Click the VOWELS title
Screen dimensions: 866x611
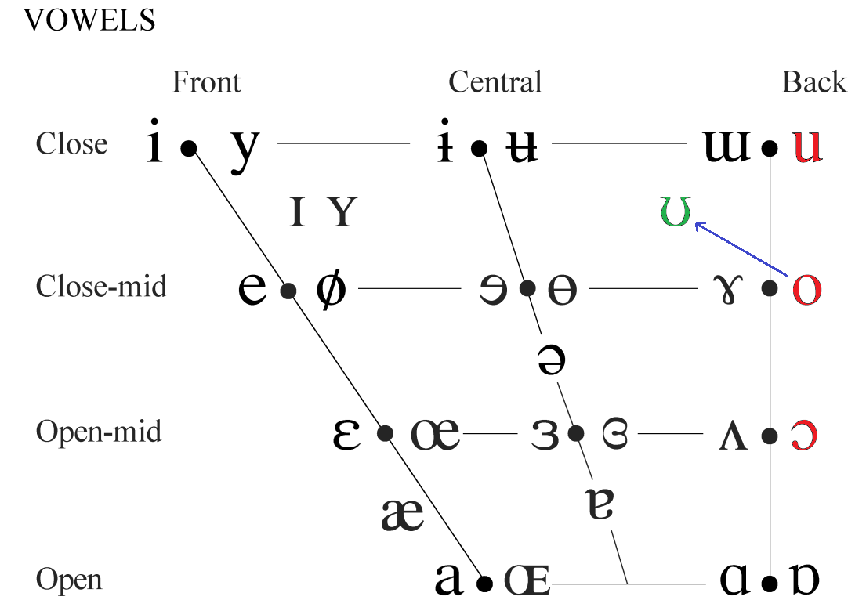(89, 20)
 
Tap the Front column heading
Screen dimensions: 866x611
(207, 82)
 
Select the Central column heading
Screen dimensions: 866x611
(495, 82)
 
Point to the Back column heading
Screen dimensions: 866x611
(814, 82)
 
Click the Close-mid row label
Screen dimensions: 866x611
(101, 287)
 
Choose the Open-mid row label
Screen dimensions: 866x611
(99, 432)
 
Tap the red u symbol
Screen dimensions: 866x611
(807, 146)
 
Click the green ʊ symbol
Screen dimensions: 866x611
(676, 211)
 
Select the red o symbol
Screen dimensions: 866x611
(807, 289)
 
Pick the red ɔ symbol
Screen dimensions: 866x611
(803, 436)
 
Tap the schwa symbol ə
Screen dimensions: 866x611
(551, 360)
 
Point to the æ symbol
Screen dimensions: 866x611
(403, 515)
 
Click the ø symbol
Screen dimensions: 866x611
(332, 288)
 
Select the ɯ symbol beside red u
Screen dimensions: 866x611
(726, 146)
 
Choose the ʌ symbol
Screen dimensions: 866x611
(734, 436)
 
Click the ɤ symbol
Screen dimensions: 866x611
(729, 291)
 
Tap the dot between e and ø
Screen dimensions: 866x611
(288, 291)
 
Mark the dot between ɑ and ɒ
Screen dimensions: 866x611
(769, 584)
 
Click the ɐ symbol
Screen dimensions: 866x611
(600, 504)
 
